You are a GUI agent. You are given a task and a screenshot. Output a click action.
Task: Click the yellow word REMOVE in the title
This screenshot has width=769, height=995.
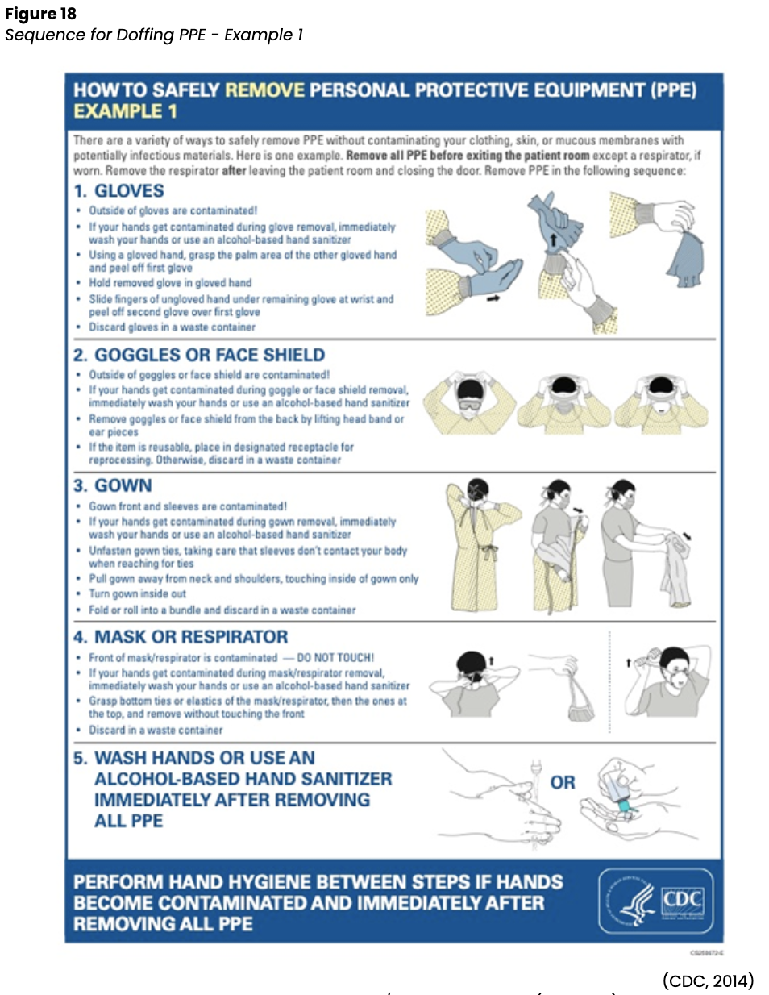point(264,90)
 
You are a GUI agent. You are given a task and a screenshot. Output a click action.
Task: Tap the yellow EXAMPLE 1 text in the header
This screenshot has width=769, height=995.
point(125,111)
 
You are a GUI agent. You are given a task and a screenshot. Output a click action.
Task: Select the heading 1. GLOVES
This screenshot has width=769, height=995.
point(119,191)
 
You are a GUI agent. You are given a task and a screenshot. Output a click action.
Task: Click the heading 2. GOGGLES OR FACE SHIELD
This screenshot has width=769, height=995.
point(199,355)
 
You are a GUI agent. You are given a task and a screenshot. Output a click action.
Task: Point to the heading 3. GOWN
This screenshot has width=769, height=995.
point(113,485)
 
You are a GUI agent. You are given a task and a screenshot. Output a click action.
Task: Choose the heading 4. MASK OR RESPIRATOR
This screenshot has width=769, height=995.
point(181,637)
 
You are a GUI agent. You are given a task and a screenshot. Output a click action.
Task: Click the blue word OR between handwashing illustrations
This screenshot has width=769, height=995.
point(563,782)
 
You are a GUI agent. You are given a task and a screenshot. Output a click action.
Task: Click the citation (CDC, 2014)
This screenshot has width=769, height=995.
point(708,980)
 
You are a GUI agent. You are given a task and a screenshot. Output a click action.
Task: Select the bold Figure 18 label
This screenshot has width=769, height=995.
point(40,14)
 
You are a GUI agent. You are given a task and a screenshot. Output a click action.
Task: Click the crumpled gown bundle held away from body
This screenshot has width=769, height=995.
point(676,572)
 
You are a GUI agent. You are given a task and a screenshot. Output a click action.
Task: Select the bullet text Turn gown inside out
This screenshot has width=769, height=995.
point(137,594)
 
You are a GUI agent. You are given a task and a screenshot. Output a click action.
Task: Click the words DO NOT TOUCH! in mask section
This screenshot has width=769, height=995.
point(335,657)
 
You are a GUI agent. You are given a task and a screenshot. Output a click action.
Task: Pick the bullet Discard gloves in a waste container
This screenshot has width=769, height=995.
point(172,327)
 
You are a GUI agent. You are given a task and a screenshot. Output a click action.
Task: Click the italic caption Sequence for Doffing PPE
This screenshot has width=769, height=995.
point(153,35)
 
